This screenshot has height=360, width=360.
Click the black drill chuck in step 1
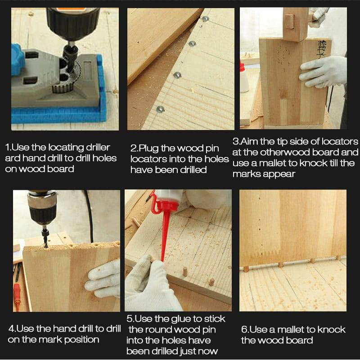point(73,23)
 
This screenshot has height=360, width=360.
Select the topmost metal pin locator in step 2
point(205,19)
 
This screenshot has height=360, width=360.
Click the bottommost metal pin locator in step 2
point(160,109)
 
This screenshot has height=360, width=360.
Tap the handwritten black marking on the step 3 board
point(322,49)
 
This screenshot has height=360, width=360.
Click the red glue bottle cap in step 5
point(165,204)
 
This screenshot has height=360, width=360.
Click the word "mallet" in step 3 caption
point(273,163)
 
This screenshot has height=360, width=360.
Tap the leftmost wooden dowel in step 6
point(246,269)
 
